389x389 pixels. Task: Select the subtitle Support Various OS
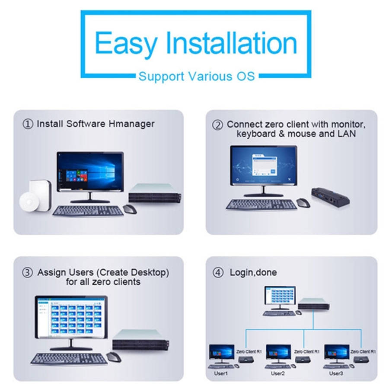[197, 77]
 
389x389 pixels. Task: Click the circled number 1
[28, 124]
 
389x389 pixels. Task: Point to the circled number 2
[217, 125]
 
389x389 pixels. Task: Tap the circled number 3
[27, 272]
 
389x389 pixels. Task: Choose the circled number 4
[218, 273]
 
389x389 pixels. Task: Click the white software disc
[29, 202]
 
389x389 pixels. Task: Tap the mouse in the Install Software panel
[130, 209]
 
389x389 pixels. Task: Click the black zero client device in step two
[331, 196]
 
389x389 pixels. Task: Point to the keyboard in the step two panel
[261, 204]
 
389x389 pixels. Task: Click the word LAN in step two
[347, 134]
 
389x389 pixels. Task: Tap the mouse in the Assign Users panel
[114, 357]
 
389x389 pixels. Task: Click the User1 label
[221, 373]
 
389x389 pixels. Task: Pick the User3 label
[336, 373]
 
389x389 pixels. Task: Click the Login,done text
[253, 273]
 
